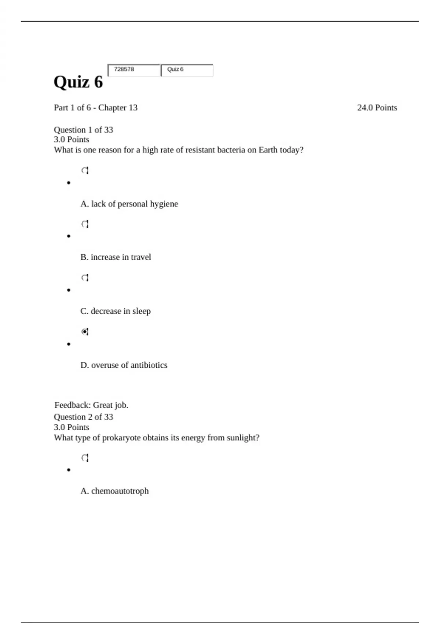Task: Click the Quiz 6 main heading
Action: [78, 82]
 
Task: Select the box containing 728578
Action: [134, 70]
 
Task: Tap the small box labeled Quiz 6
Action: [187, 70]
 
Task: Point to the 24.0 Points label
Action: [377, 108]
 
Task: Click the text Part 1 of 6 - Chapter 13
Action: [96, 108]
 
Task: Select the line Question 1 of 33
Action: [83, 130]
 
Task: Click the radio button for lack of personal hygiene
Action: [85, 170]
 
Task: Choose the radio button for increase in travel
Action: [85, 224]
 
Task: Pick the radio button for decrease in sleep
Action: [85, 278]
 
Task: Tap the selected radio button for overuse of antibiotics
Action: [85, 332]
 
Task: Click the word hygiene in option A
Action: [164, 204]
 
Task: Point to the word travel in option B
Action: [141, 257]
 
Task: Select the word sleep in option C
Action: [142, 311]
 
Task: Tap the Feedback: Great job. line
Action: [91, 405]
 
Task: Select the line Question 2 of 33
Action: [83, 417]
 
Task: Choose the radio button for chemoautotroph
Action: [85, 458]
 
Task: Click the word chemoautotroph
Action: [120, 491]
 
